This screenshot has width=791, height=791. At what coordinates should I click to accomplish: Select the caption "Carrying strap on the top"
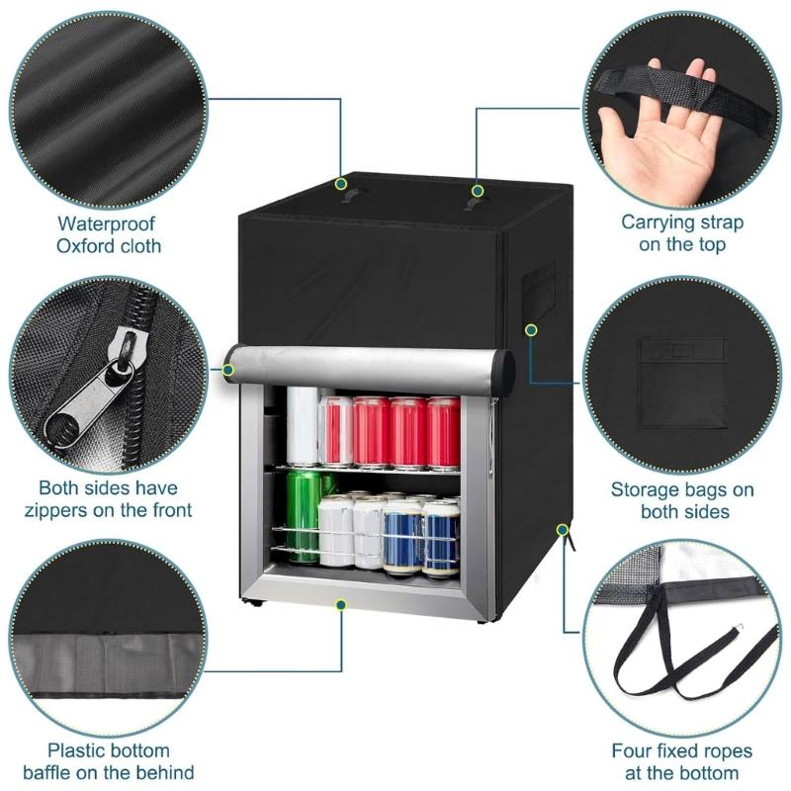click(x=682, y=233)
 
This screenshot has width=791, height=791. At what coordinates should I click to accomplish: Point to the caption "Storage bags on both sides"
click(x=682, y=499)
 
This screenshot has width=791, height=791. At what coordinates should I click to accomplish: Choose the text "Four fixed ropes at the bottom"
click(x=682, y=761)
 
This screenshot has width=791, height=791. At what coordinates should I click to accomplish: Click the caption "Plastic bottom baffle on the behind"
click(x=109, y=761)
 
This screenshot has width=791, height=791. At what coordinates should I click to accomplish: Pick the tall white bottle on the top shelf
click(x=302, y=425)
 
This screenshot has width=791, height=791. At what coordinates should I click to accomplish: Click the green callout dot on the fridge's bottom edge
click(x=341, y=603)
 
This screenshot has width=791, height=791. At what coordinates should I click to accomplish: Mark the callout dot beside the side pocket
click(x=532, y=329)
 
